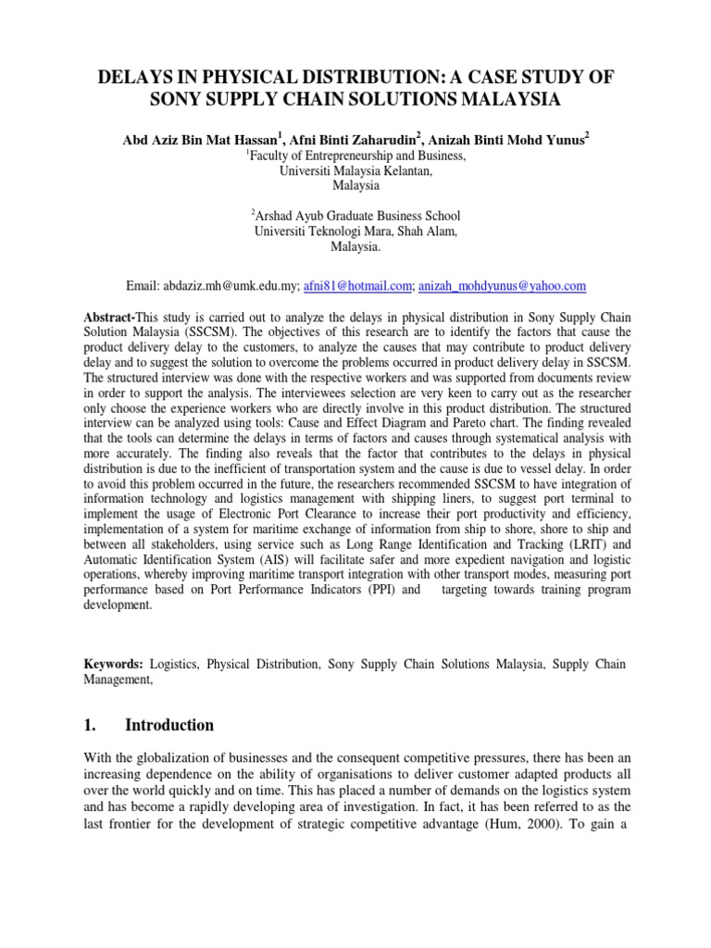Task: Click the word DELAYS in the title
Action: [136, 77]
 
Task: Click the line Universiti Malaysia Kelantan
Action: [355, 171]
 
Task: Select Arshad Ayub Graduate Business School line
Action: [355, 216]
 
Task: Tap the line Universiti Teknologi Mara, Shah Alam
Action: [355, 231]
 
